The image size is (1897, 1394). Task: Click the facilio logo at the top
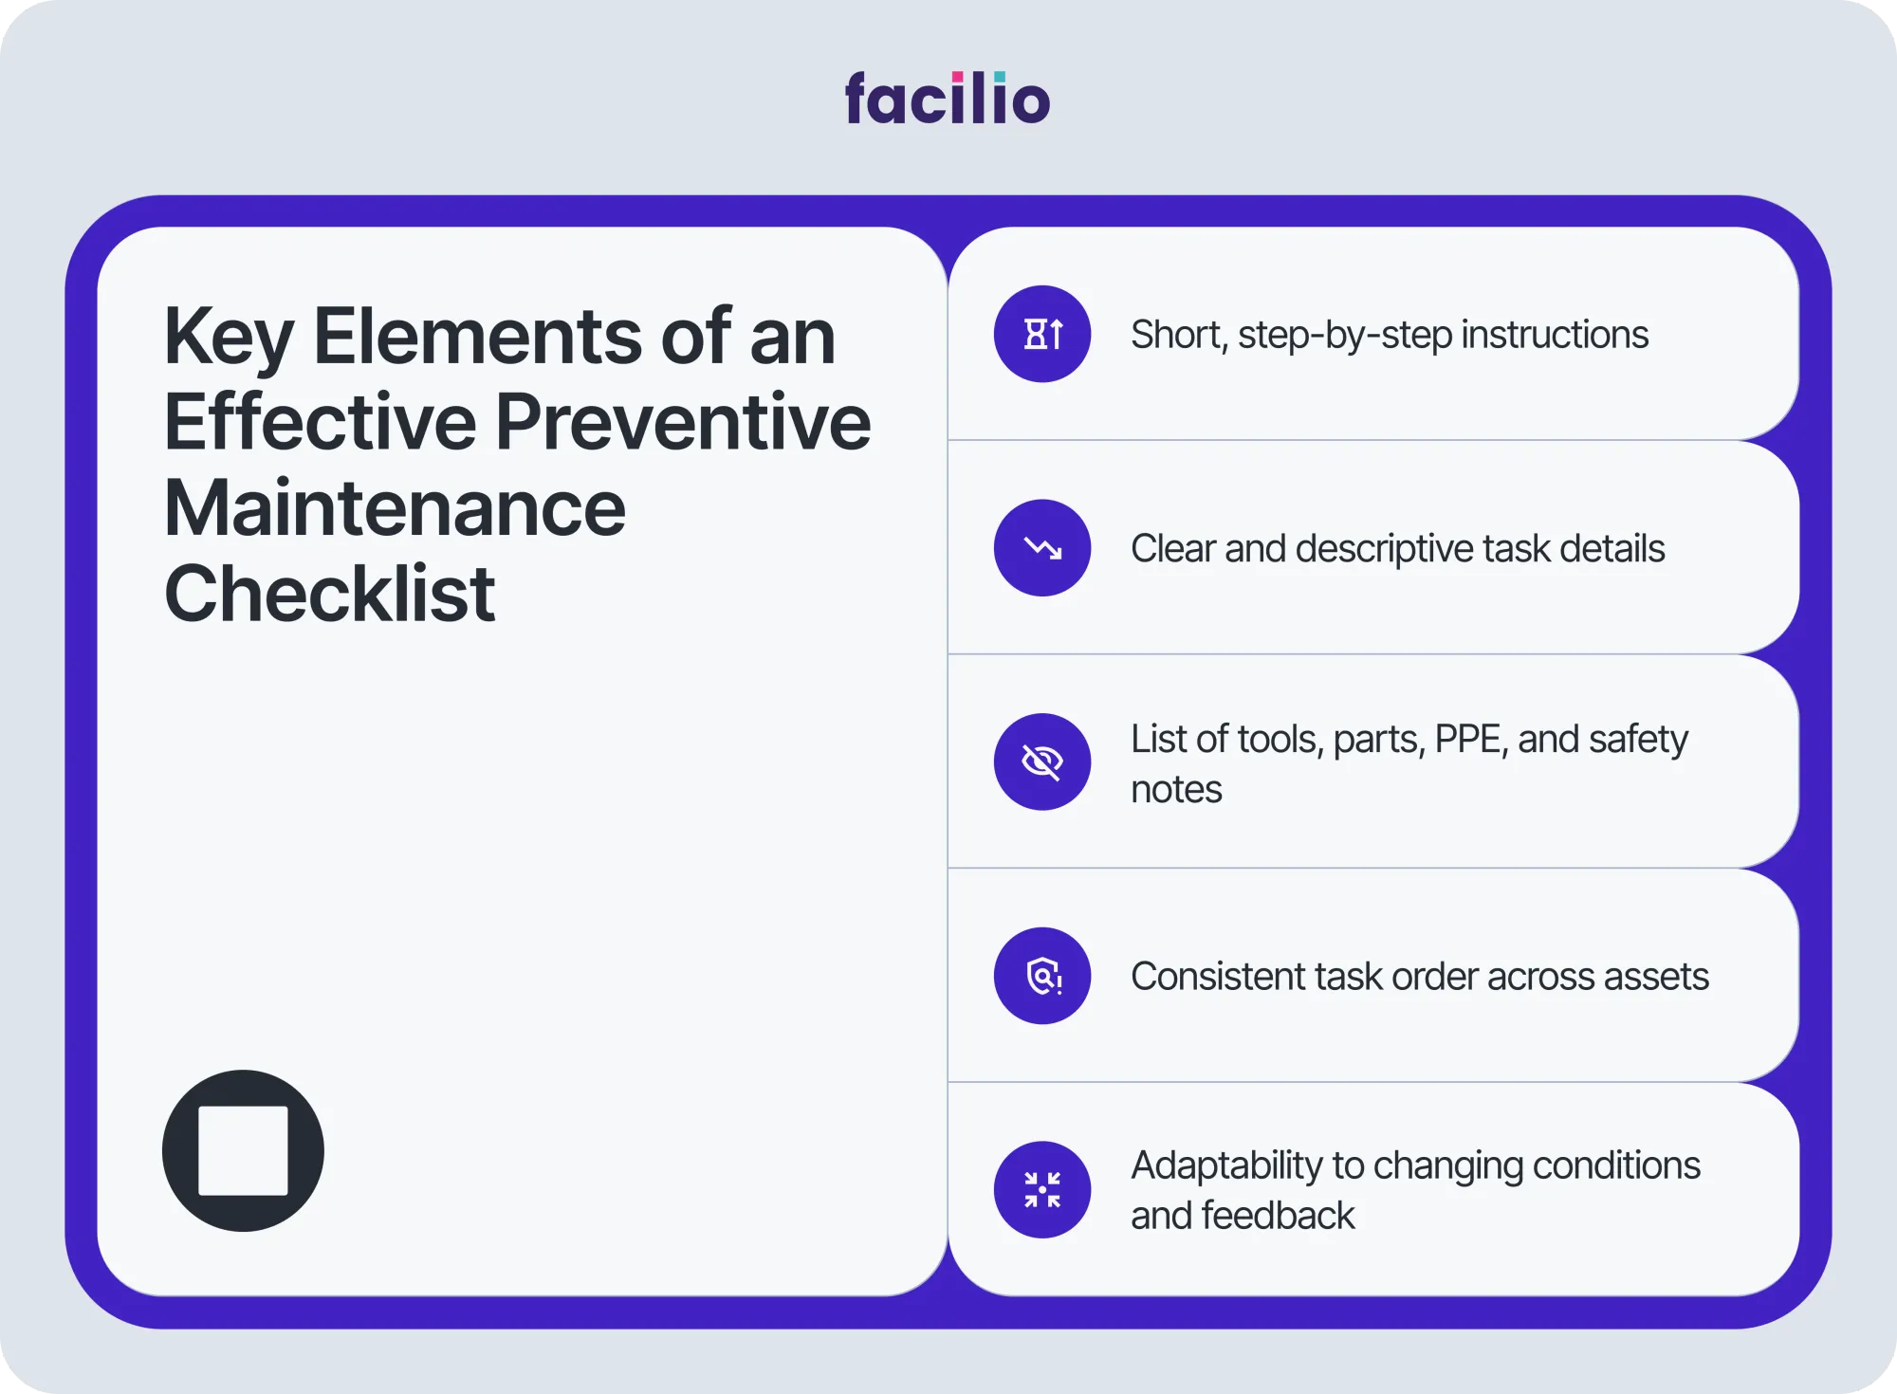(948, 99)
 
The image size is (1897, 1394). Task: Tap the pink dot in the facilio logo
(958, 77)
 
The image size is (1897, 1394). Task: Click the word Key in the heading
(229, 339)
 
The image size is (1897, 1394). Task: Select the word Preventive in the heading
(683, 423)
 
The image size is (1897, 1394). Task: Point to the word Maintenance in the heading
(395, 508)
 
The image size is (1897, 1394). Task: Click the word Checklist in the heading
(330, 594)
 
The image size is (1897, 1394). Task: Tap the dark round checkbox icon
(243, 1150)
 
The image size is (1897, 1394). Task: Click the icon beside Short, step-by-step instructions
(1042, 334)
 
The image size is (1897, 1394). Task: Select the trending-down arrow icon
(1042, 548)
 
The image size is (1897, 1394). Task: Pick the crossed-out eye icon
(1042, 761)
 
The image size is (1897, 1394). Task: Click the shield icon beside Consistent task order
(1042, 976)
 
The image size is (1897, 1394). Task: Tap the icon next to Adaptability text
(1042, 1189)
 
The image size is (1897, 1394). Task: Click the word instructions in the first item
(1556, 335)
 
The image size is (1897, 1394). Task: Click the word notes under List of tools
(1176, 790)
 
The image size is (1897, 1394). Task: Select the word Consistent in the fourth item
(1216, 977)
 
